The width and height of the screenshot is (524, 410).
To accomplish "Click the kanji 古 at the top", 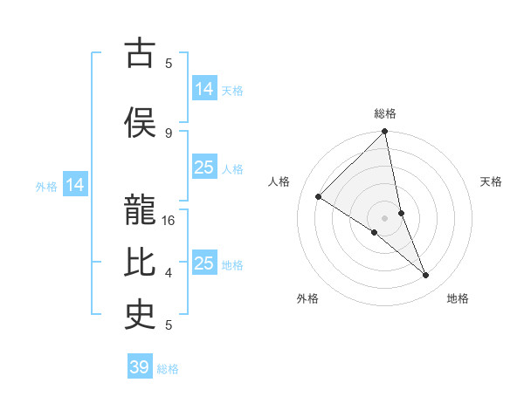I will pos(140,54).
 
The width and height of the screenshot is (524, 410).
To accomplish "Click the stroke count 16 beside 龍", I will pos(169,221).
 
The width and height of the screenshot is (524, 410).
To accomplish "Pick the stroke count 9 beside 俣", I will pos(169,133).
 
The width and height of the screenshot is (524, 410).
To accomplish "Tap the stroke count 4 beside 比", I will pos(169,273).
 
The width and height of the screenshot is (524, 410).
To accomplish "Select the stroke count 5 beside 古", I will pos(169,63).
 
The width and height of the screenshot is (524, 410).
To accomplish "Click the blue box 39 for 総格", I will pos(140,367).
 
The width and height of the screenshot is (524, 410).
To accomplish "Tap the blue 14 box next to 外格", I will pos(75,185).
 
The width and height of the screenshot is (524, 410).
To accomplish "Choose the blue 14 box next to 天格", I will pos(204,89).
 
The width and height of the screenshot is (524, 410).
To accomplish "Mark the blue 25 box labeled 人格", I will pos(204,167).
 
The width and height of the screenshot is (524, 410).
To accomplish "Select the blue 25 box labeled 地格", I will pos(204,263).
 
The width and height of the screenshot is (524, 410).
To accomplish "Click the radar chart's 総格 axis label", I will pos(385,113).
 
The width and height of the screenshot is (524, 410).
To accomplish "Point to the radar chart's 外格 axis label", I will pos(307,298).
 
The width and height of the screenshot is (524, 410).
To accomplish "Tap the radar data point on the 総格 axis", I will pos(385,133).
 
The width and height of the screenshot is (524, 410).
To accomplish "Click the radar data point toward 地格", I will pos(426,276).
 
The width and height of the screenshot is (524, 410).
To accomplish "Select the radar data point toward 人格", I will pos(319,197).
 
